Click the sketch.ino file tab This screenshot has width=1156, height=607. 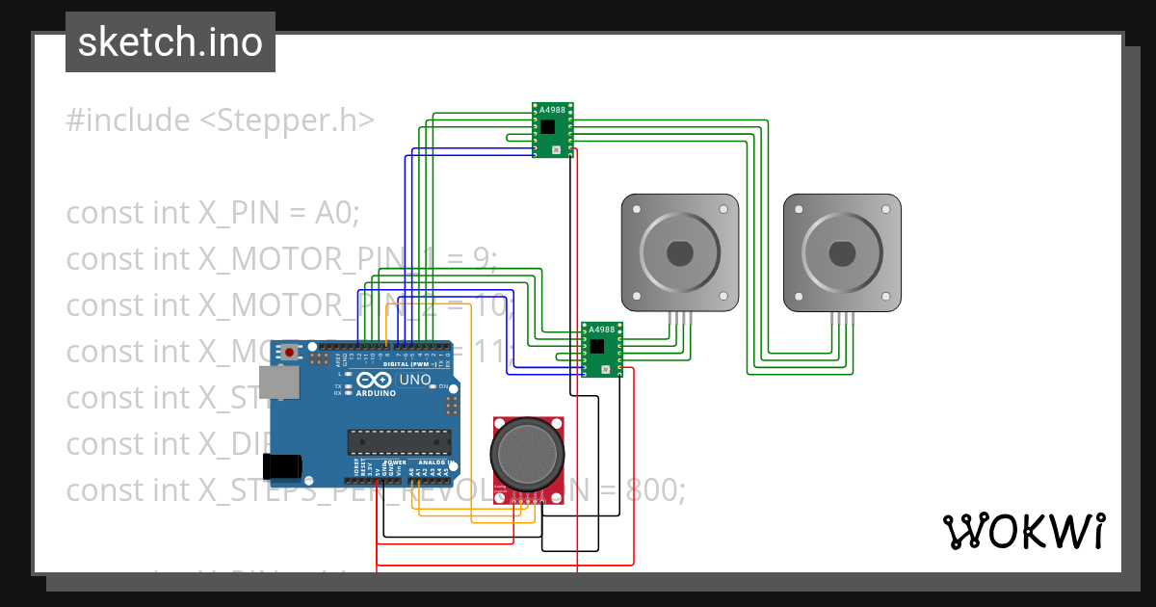click(171, 42)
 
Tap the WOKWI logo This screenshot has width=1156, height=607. click(1022, 531)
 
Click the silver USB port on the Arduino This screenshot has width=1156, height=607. click(282, 383)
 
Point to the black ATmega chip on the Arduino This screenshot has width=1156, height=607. click(399, 441)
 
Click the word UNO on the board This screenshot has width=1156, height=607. click(415, 380)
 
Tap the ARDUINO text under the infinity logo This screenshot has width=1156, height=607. click(377, 394)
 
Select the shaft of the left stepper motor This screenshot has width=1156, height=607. click(679, 253)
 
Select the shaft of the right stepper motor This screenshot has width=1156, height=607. click(842, 253)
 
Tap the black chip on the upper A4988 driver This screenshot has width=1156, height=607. click(548, 127)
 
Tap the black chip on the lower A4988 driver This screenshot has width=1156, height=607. click(597, 346)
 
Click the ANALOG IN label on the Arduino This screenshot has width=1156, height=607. click(431, 462)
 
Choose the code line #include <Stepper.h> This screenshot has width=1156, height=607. click(220, 120)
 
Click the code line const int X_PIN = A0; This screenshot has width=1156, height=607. click(212, 212)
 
